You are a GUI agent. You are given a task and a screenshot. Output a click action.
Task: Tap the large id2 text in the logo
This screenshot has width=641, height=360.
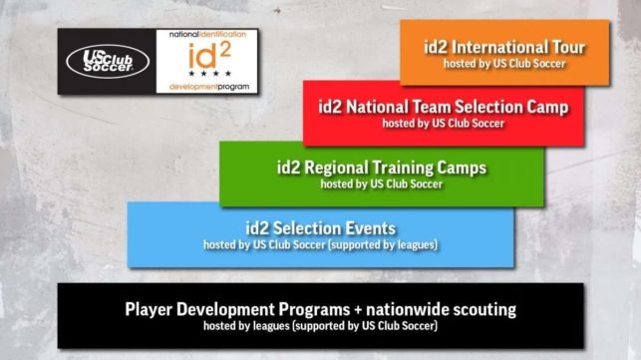(208, 57)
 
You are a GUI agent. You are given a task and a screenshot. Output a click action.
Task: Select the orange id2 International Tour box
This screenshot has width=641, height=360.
(503, 53)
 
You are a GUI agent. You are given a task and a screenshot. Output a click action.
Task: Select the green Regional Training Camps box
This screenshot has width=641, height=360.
(382, 174)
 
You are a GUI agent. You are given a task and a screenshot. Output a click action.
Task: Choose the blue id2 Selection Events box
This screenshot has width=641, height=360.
(320, 234)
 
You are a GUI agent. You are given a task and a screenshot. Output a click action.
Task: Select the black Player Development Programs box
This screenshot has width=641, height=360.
(320, 315)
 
